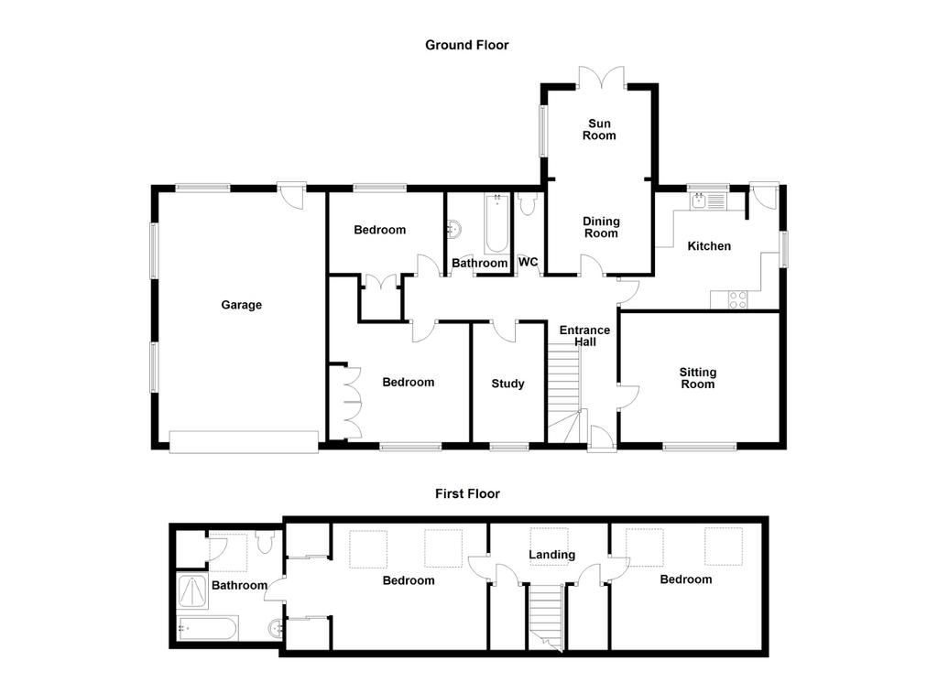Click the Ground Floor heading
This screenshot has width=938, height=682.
(466, 45)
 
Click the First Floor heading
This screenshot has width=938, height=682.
(467, 493)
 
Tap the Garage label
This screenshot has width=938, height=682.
(241, 305)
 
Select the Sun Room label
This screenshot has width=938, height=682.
(599, 129)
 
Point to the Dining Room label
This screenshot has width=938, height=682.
(601, 227)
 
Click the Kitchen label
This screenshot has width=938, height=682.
(709, 245)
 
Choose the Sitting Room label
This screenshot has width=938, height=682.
(697, 378)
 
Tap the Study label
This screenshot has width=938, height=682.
(507, 384)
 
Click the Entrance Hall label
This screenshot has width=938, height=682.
(584, 336)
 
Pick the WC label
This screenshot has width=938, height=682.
(529, 262)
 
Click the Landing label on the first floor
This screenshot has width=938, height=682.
(551, 555)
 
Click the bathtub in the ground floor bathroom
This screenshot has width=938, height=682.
(497, 223)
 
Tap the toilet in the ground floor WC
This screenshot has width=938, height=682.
(527, 204)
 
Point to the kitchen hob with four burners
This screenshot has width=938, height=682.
(737, 299)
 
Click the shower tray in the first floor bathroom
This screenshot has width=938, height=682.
(192, 590)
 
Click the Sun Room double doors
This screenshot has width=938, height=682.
(601, 78)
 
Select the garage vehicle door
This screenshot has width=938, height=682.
(244, 442)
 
